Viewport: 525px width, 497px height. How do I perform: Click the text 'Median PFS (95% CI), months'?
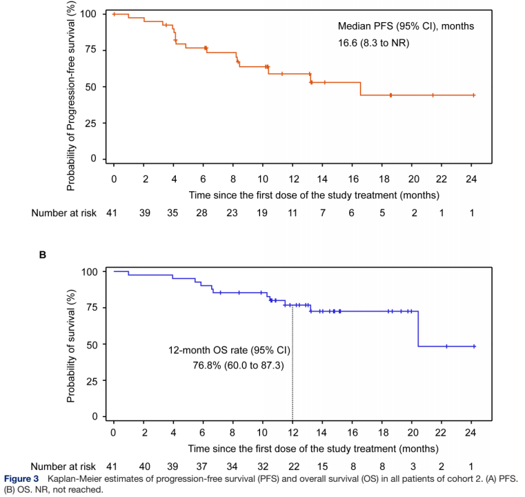pyautogui.click(x=406, y=26)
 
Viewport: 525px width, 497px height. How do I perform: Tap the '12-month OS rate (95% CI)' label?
pyautogui.click(x=230, y=350)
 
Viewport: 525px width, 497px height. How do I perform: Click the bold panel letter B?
pyautogui.click(x=42, y=255)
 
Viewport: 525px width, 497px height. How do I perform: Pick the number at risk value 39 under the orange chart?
pyautogui.click(x=144, y=213)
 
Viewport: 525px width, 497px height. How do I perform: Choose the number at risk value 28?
pyautogui.click(x=201, y=213)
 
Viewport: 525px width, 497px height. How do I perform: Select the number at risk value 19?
pyautogui.click(x=262, y=213)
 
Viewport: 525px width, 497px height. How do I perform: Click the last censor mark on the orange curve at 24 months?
pyautogui.click(x=473, y=95)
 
